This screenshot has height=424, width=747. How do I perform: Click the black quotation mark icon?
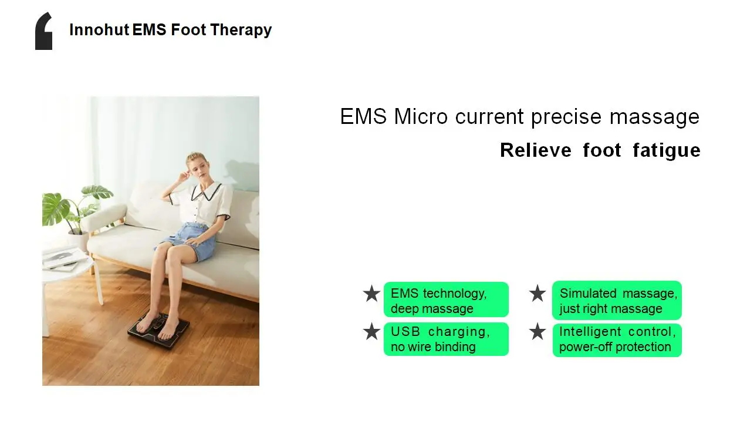pyautogui.click(x=44, y=32)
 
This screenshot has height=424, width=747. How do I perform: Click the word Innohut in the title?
pyautogui.click(x=99, y=30)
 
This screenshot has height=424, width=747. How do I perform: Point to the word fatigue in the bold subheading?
pyautogui.click(x=666, y=150)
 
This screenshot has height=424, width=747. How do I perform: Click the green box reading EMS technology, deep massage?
pyautogui.click(x=446, y=300)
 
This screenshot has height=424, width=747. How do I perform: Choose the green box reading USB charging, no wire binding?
pyautogui.click(x=446, y=339)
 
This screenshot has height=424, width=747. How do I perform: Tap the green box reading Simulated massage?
pyautogui.click(x=617, y=300)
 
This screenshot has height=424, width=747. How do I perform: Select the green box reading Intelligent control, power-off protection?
pyautogui.click(x=617, y=339)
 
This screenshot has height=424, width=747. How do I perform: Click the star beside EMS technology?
pyautogui.click(x=371, y=294)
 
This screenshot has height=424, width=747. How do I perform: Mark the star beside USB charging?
pyautogui.click(x=371, y=332)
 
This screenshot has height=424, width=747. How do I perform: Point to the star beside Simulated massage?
pyautogui.click(x=538, y=294)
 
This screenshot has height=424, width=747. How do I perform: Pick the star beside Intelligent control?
pyautogui.click(x=538, y=332)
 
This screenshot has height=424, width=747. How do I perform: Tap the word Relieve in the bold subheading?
pyautogui.click(x=535, y=150)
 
